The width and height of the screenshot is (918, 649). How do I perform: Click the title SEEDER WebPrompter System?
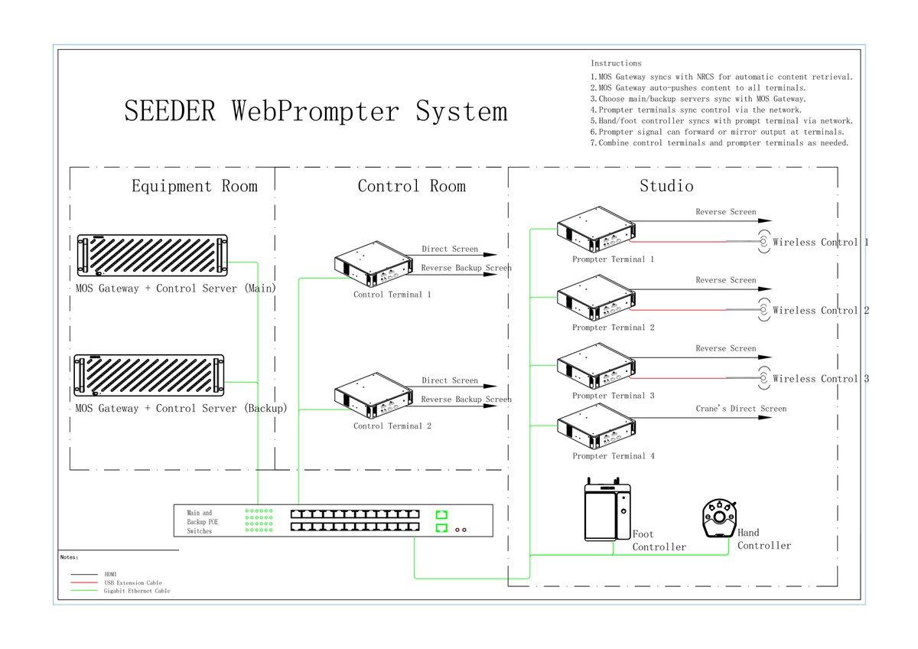point(315,111)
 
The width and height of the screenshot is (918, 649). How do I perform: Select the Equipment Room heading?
point(194,186)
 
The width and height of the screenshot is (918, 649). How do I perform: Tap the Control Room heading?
point(412,186)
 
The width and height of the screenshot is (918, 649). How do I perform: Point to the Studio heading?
point(666,186)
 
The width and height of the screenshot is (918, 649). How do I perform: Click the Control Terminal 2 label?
point(392,426)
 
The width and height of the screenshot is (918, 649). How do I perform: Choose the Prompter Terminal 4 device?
point(595,429)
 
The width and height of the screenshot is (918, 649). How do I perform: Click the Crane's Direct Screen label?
point(741,409)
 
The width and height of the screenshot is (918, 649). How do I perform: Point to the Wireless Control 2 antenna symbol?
point(763,310)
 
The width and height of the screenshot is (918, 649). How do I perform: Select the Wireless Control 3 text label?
point(821,379)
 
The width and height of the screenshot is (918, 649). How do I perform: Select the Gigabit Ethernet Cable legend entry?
point(137,591)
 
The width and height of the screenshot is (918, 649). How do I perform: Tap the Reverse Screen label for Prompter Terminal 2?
point(725,280)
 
